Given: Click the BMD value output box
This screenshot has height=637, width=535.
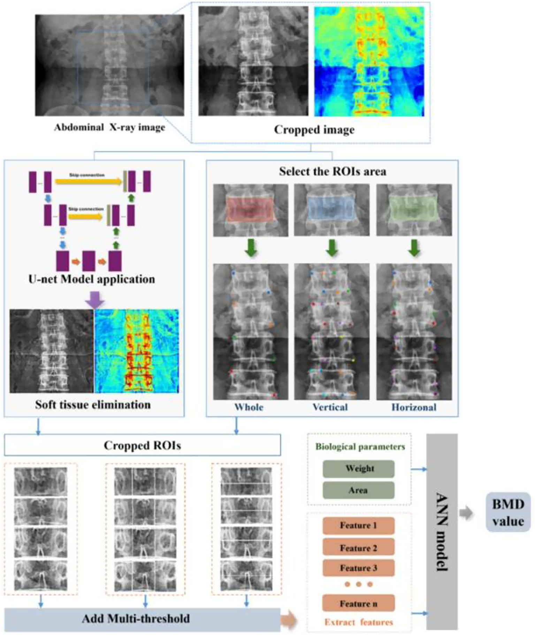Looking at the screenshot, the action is [508, 512].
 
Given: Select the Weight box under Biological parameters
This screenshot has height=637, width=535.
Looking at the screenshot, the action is [359, 469].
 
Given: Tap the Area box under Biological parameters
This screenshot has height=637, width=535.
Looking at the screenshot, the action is [359, 490].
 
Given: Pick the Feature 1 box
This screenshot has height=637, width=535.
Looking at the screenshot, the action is [359, 525].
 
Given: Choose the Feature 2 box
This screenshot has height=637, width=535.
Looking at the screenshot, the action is [359, 548].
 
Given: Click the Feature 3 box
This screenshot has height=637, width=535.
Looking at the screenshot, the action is [359, 568].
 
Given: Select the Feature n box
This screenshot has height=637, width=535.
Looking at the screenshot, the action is [359, 604].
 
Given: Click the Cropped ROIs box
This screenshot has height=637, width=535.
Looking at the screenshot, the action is [142, 445].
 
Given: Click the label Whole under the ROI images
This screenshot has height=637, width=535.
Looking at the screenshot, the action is [249, 407].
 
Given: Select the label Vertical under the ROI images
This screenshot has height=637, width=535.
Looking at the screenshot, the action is [330, 407].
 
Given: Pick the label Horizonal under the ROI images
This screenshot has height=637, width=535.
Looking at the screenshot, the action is [414, 407].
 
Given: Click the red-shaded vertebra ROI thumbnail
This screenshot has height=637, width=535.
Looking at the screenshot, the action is [251, 210].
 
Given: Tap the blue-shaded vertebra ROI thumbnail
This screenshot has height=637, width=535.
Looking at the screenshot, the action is [331, 210].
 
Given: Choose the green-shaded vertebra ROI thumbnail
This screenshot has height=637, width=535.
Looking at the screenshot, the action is [414, 210].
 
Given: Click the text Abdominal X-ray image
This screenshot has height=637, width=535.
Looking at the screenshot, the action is [109, 127].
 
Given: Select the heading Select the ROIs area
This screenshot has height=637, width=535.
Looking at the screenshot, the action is [333, 171].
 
